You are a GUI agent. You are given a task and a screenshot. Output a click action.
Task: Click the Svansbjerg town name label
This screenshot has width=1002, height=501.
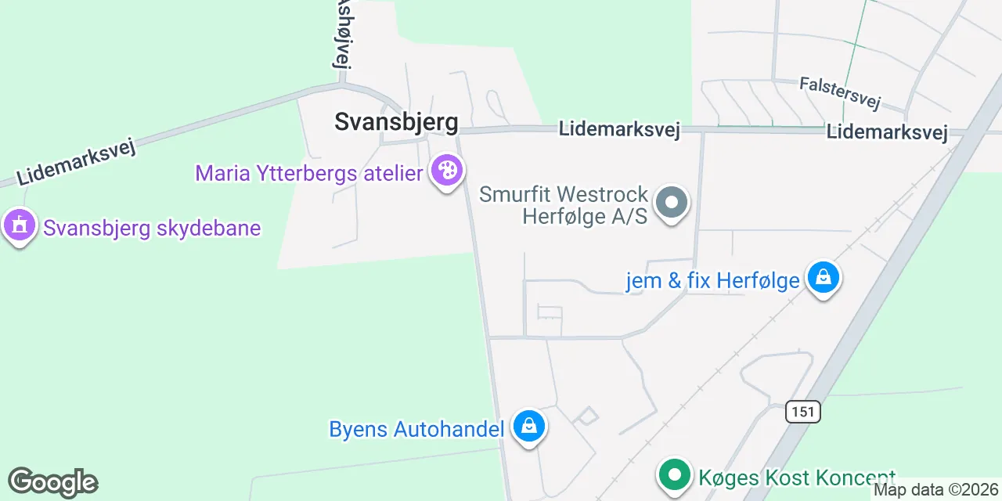tap(396, 121)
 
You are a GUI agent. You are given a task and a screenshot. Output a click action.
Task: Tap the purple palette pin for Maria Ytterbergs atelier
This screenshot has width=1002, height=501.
tap(448, 171)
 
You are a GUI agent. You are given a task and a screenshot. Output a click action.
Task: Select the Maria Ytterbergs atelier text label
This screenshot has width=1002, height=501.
tap(309, 173)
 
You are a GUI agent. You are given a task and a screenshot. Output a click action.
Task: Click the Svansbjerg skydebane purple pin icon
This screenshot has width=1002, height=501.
tap(19, 225)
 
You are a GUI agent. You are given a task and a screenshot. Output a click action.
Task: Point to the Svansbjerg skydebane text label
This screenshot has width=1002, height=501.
tap(152, 228)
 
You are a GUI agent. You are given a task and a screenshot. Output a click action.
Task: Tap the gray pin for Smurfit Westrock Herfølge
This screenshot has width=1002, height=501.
tap(671, 203)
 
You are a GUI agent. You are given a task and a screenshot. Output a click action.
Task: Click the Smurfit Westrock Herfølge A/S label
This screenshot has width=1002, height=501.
tap(564, 204)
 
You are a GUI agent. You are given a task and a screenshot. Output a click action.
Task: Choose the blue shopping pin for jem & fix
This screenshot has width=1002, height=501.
tap(824, 277)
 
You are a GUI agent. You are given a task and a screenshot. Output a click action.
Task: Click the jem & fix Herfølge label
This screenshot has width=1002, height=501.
tap(712, 280)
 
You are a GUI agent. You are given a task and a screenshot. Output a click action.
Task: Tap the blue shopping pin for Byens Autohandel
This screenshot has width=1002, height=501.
tap(529, 427)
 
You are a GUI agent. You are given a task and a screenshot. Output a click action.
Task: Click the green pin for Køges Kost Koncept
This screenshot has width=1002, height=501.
tap(674, 474)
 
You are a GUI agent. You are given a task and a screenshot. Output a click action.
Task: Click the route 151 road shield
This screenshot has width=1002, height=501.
tap(803, 412)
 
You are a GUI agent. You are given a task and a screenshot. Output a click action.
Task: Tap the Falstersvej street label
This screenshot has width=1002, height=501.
tap(840, 93)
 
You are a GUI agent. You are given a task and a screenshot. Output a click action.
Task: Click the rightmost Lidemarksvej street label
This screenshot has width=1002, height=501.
tap(887, 132)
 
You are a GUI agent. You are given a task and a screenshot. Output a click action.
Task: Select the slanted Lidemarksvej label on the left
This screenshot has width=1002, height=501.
tap(77, 162)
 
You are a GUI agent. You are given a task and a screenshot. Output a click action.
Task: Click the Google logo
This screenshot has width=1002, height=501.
tap(52, 482)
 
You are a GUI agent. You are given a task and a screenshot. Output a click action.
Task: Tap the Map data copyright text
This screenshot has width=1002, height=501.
tap(937, 490)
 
